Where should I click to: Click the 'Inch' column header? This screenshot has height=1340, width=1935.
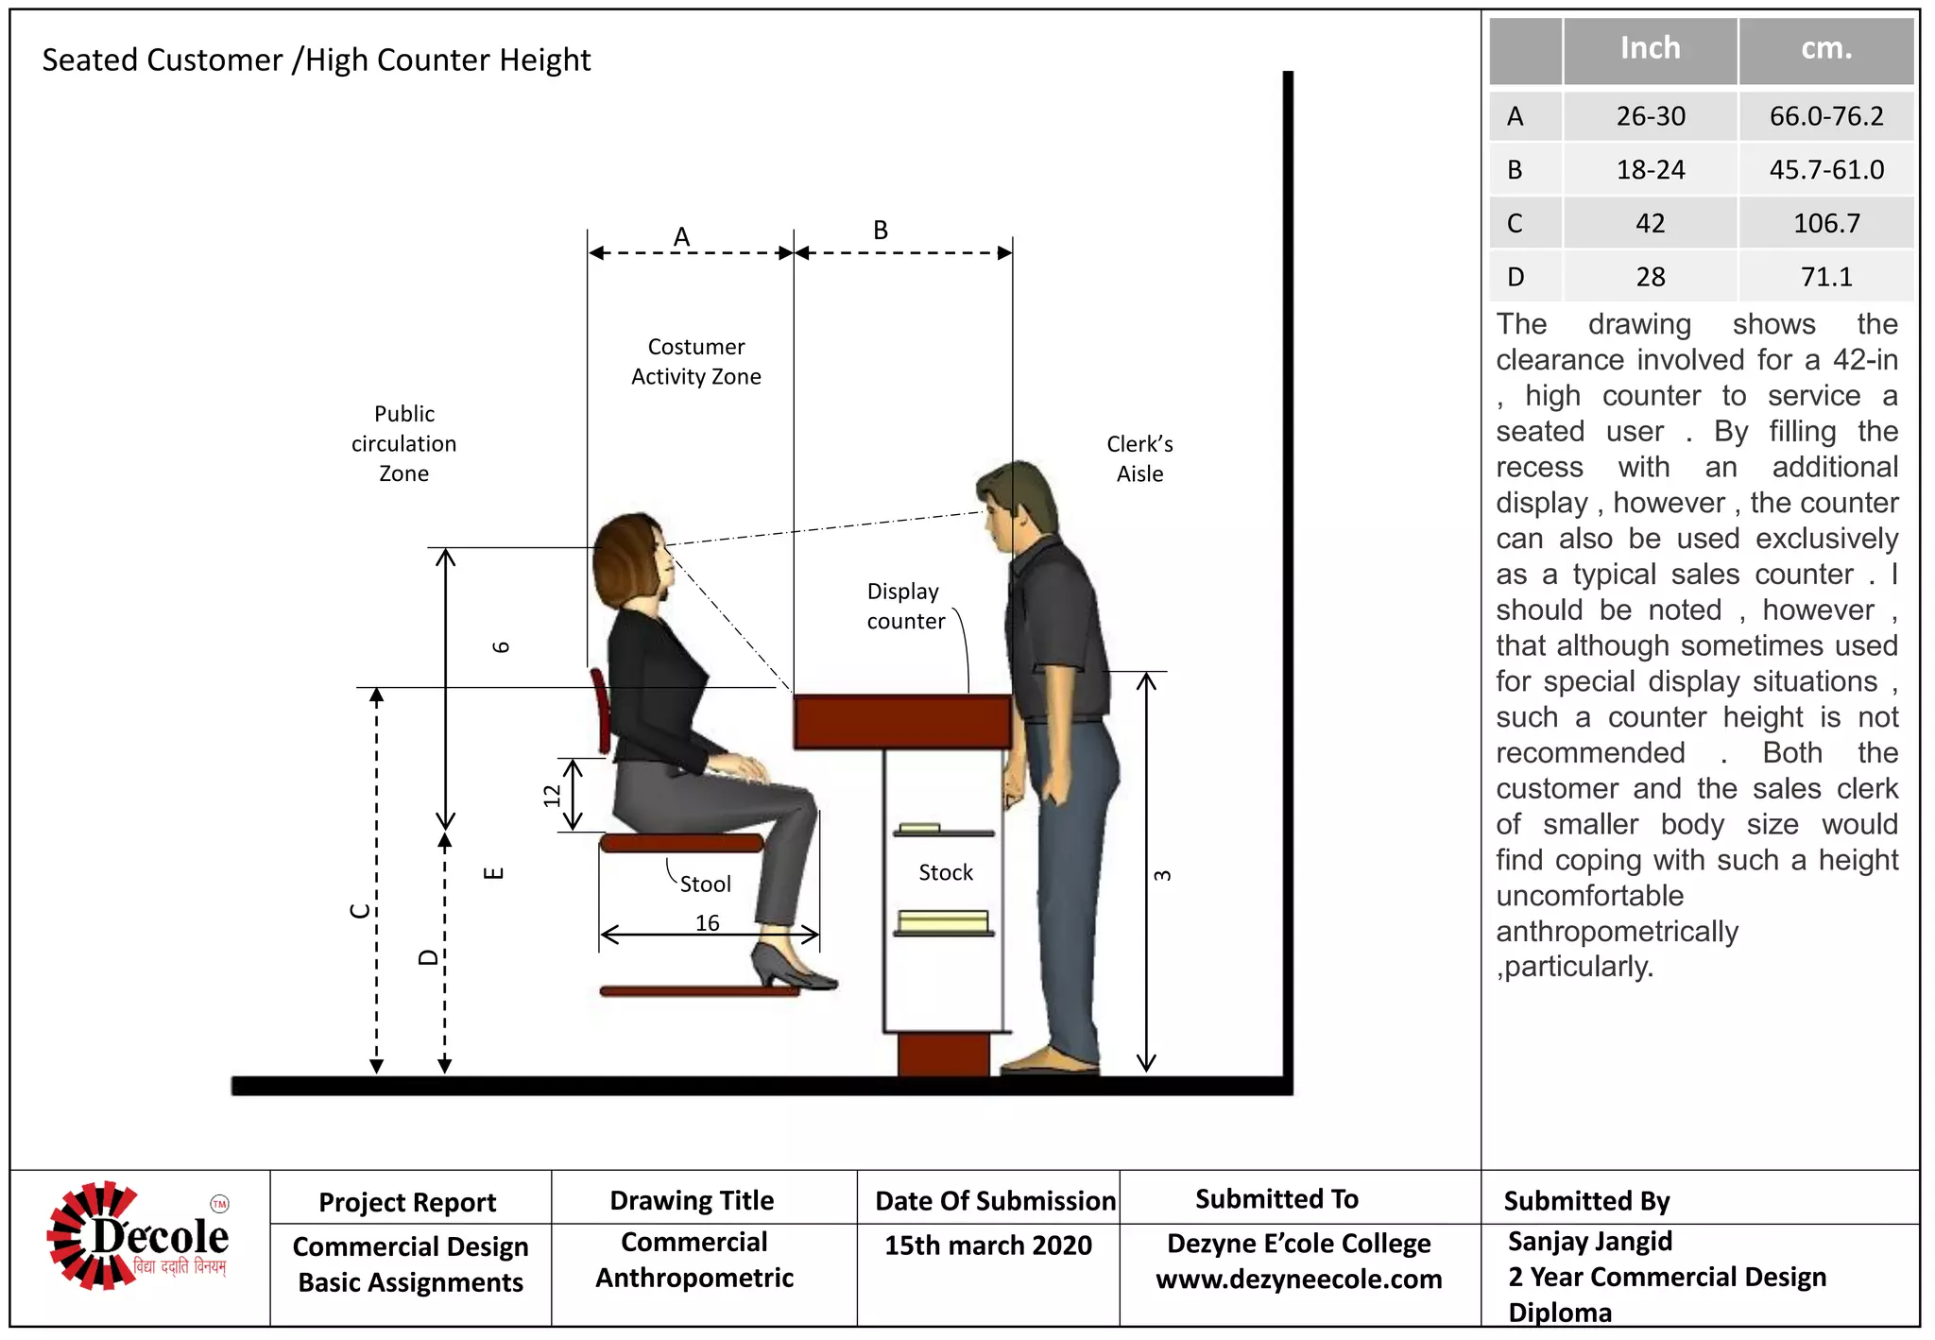[1650, 48]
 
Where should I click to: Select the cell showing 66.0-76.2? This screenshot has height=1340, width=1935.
[1825, 116]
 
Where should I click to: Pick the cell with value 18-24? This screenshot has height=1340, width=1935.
[1650, 170]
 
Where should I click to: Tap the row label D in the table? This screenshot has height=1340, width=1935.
[1515, 277]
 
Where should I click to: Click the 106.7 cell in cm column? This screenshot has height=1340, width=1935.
[1825, 224]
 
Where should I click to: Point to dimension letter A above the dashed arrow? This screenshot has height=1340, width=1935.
[681, 236]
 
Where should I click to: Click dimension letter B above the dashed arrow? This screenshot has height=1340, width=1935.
[880, 230]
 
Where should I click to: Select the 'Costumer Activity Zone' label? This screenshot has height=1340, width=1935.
[696, 362]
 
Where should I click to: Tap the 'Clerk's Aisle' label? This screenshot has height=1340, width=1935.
[1139, 459]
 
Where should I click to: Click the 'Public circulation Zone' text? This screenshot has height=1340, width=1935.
[404, 443]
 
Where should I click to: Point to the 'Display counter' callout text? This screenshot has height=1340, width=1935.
[905, 606]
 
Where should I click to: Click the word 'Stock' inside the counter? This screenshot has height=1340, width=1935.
[945, 872]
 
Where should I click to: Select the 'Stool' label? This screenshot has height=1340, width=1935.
[705, 885]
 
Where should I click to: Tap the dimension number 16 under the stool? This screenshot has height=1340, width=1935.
[707, 922]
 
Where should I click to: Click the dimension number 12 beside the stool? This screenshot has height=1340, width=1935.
[552, 796]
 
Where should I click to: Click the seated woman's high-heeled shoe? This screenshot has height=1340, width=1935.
[789, 967]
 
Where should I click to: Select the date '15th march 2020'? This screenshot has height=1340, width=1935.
[987, 1246]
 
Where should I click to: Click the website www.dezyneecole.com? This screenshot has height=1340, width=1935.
[1298, 1280]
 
